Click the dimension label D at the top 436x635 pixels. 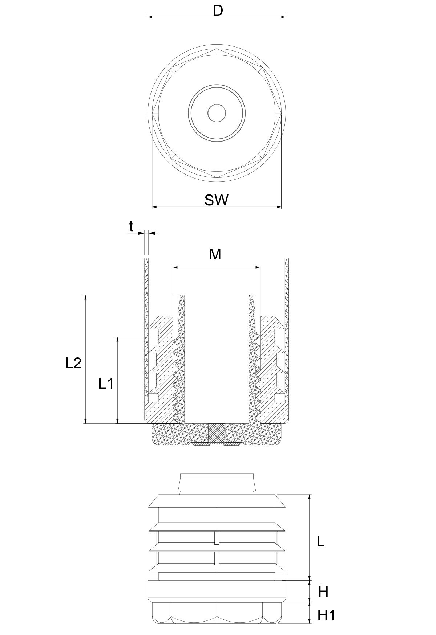(x=218, y=11)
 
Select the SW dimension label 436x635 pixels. (x=217, y=200)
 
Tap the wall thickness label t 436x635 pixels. (x=131, y=226)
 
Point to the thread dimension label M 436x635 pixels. (x=215, y=254)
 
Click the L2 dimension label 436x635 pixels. (x=73, y=363)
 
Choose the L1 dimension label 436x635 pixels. (x=106, y=383)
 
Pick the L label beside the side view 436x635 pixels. (x=320, y=541)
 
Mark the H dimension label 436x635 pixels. (x=323, y=592)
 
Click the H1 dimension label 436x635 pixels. (x=326, y=615)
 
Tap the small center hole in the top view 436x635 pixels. (x=217, y=113)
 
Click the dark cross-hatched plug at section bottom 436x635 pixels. (x=217, y=434)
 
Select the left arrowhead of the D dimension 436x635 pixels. (x=151, y=17)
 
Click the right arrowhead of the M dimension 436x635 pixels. (x=258, y=267)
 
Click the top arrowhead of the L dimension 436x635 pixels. (x=310, y=497)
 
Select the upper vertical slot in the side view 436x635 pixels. (x=217, y=538)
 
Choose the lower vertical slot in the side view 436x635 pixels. (x=217, y=558)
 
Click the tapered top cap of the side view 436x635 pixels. (x=217, y=483)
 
